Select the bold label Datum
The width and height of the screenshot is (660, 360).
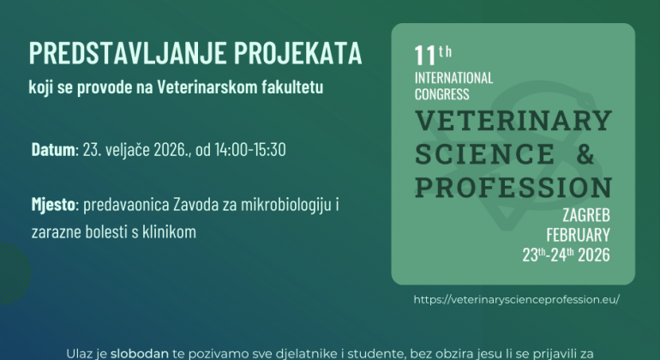click(x=53, y=149)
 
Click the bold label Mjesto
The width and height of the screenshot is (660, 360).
click(x=54, y=207)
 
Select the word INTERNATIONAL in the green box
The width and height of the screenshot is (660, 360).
click(x=453, y=78)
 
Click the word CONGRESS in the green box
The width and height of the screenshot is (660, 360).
click(x=441, y=94)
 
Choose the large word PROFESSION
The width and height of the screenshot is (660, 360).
click(x=513, y=186)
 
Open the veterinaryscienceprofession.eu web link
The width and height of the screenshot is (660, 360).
click(x=515, y=299)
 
